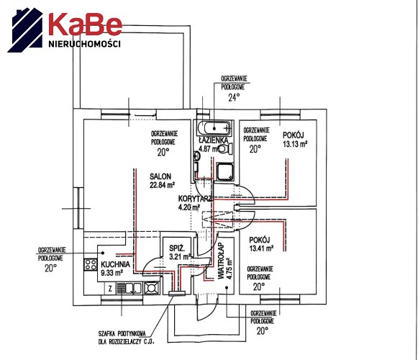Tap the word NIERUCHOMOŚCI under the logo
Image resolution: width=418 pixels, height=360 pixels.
(x=84, y=43)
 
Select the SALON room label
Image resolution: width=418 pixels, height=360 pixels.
(x=160, y=176)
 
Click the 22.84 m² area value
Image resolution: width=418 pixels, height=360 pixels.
(x=162, y=184)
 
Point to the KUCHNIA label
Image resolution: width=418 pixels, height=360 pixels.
(x=115, y=264)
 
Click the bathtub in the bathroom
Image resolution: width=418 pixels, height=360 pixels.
(x=214, y=128)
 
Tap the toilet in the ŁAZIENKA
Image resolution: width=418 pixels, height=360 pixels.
(x=225, y=148)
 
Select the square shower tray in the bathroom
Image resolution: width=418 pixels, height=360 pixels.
(x=225, y=172)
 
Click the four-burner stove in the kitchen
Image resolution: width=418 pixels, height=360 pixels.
(x=91, y=265)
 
